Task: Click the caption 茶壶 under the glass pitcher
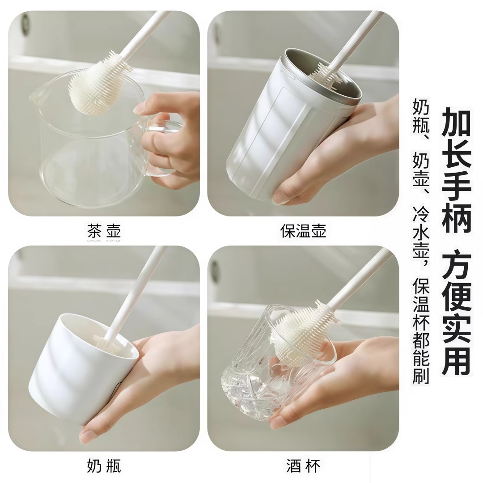point(104,231)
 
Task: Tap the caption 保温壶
point(303,231)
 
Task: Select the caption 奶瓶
point(104,466)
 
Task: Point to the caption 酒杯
point(303,466)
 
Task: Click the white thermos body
point(268,143)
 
